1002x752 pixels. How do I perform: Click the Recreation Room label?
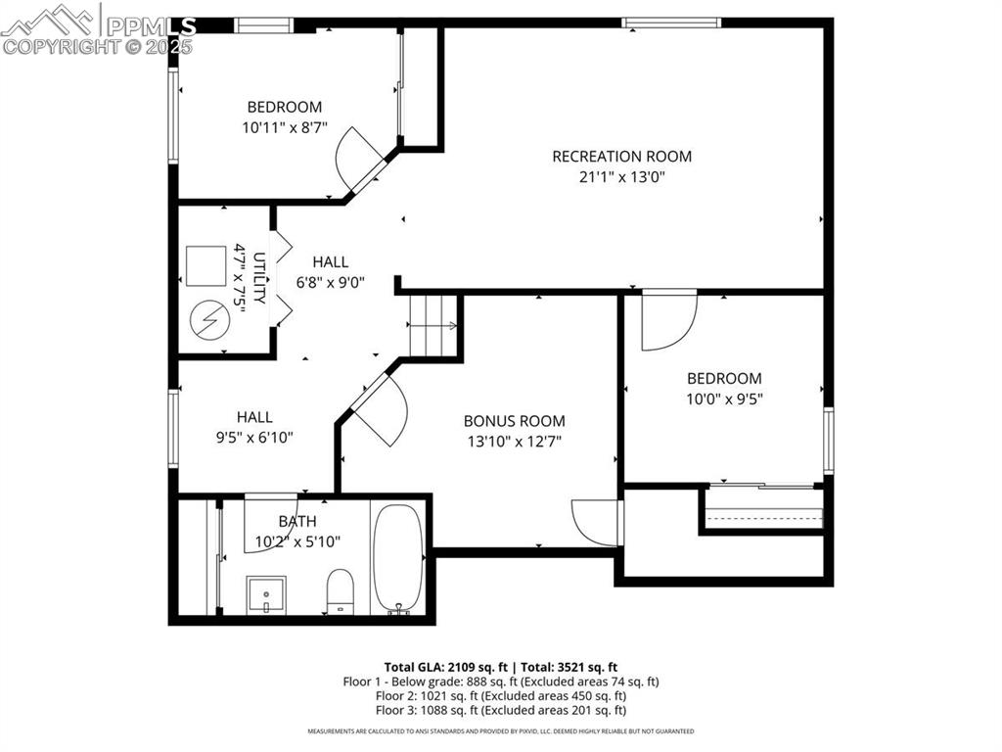[x=621, y=156]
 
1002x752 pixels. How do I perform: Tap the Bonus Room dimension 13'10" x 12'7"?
[x=514, y=442]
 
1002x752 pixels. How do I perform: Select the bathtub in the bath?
[x=397, y=559]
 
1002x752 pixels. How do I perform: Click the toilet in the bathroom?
[x=340, y=591]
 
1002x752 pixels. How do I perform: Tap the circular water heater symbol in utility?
[x=208, y=318]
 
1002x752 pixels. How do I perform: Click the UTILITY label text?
[x=259, y=278]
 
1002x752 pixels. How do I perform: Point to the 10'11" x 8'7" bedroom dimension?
[x=284, y=127]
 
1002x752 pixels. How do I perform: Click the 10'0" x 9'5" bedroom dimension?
[x=723, y=399]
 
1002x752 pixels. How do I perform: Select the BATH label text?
[x=296, y=521]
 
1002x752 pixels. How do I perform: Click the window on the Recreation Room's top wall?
[x=671, y=23]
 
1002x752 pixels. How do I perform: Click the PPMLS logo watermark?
[x=98, y=29]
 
